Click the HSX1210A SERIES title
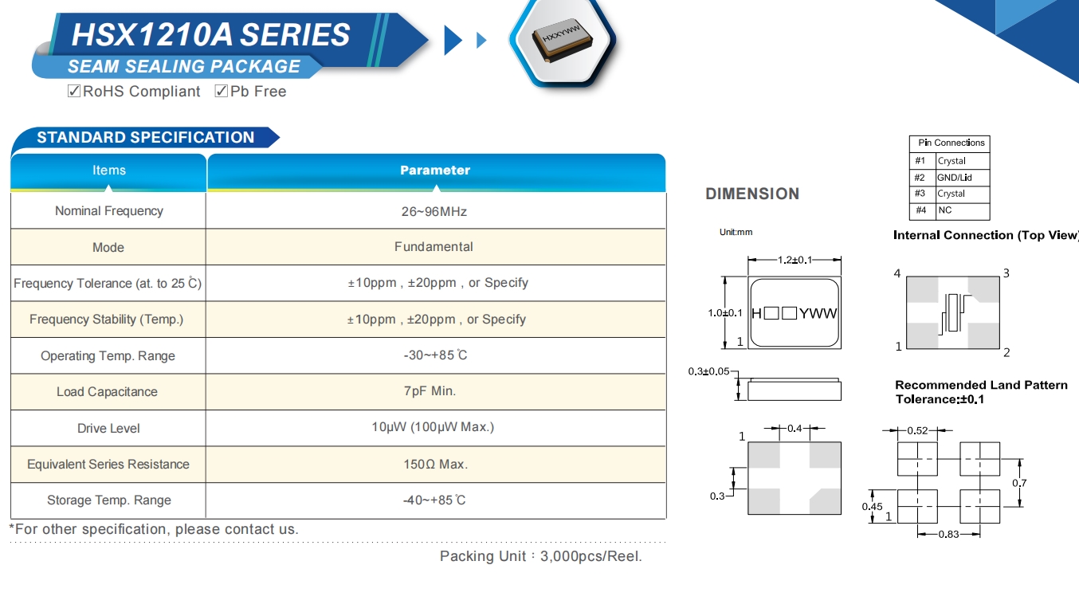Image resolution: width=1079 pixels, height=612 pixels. (x=210, y=34)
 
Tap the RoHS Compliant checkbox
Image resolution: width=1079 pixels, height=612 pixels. (x=74, y=91)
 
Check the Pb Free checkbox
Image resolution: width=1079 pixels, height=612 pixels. (x=222, y=91)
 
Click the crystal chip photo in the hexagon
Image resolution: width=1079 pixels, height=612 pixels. (x=563, y=39)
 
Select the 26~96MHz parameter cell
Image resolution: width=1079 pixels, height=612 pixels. (x=434, y=211)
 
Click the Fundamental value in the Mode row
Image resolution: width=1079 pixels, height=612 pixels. (x=434, y=247)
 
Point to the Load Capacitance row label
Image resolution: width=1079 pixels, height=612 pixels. (x=107, y=392)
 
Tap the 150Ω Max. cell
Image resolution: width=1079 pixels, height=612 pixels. (x=435, y=464)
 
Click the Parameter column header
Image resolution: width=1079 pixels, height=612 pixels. (x=435, y=171)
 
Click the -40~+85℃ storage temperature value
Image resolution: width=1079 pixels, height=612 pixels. (x=434, y=500)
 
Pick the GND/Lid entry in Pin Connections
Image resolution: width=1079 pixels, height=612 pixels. (x=954, y=178)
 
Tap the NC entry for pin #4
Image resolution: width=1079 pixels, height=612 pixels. (x=944, y=210)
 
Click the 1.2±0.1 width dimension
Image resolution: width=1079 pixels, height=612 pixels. (x=795, y=260)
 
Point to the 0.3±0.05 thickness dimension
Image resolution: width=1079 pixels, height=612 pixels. (x=708, y=372)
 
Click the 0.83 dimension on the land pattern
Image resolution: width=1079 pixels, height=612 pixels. (x=948, y=534)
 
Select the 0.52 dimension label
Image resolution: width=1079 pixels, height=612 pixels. (x=917, y=431)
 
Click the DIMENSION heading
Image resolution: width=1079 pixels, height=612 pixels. (x=751, y=194)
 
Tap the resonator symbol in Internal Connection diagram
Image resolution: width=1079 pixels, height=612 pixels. (x=953, y=313)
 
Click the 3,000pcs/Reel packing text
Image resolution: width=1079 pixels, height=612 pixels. (x=591, y=556)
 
